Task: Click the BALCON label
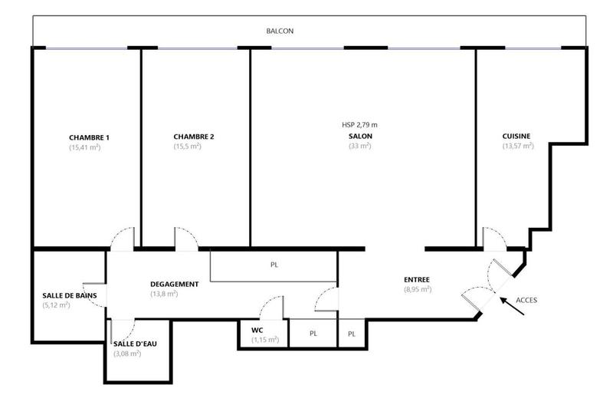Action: pos(280,31)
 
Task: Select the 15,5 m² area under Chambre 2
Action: pos(187,147)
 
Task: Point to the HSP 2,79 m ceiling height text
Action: pos(359,125)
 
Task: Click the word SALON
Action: pos(359,137)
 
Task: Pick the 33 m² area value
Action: pos(359,146)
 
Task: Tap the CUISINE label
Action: pos(517,137)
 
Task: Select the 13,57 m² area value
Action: pos(517,146)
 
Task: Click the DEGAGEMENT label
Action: pos(175,284)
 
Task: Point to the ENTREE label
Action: pos(417,280)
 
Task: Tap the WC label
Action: pos(257,330)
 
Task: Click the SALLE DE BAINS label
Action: pos(67,295)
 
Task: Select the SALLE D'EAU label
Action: pos(135,344)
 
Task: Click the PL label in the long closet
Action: pos(274,265)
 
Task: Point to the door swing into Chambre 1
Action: pos(123,237)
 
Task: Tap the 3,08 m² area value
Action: pos(126,354)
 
